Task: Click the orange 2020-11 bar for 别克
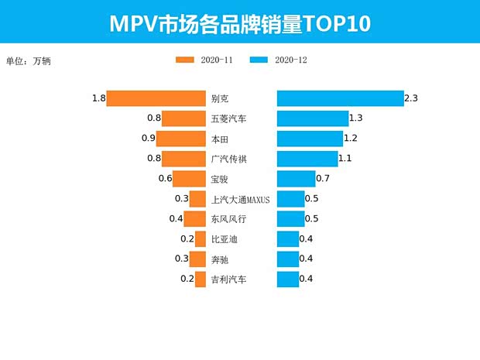tap(156, 98)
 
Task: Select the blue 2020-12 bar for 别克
tap(340, 98)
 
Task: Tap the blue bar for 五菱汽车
tap(313, 118)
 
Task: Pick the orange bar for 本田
tap(181, 139)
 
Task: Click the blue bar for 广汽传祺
tap(307, 159)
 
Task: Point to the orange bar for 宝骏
tap(189, 179)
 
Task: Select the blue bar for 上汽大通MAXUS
tap(291, 199)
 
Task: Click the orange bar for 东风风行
tap(194, 219)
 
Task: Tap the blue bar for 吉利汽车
tap(288, 279)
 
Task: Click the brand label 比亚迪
tap(224, 239)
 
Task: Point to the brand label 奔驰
tap(219, 259)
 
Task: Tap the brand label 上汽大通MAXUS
tap(241, 200)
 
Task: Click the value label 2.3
tap(411, 98)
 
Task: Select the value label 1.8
tap(98, 98)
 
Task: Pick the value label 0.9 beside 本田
tap(148, 139)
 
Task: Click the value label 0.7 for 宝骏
tap(324, 179)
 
